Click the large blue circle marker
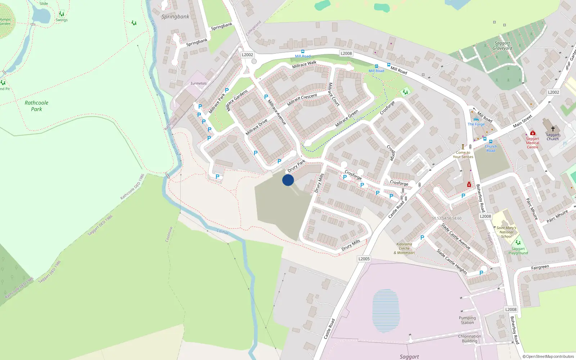pos(288,180)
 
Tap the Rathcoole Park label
pos(36,106)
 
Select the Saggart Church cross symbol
pos(553,129)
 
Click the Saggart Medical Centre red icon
pos(533,133)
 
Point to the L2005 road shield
pos(364,259)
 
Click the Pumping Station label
pos(467,320)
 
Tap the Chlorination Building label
pos(469,338)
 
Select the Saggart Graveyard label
pos(502,46)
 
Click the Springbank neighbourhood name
pos(175,17)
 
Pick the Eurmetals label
pos(199,84)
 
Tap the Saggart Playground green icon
pos(518,243)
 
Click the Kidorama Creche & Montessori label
pos(404,248)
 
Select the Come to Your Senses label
pos(463,154)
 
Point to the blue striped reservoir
pos(386,310)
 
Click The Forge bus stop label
pos(476,124)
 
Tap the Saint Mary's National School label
pos(506,232)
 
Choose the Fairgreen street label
pos(540,267)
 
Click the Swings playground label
pos(62,20)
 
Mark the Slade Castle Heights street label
pos(452,262)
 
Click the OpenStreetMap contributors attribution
pos(548,356)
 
